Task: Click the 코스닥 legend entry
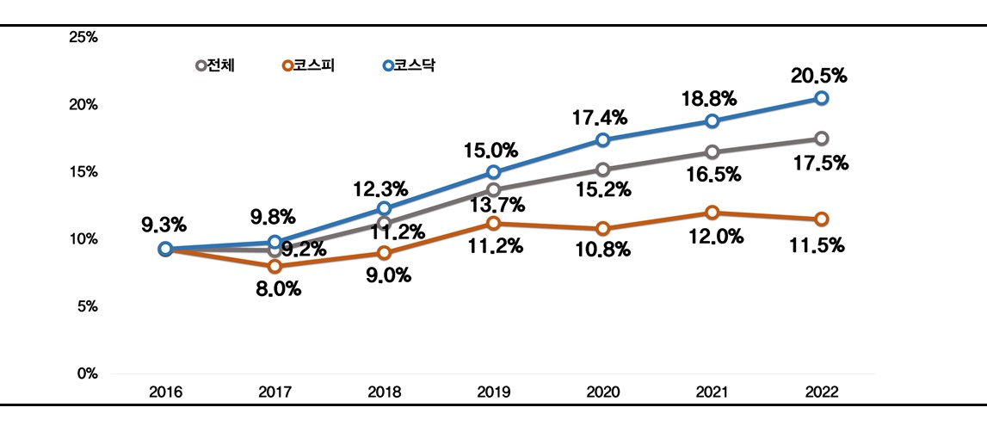click(409, 65)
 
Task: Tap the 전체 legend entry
click(215, 65)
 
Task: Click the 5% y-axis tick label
click(87, 306)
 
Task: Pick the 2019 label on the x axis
click(493, 392)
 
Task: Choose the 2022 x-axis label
click(821, 392)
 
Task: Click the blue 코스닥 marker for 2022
click(822, 98)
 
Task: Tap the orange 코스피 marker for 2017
click(275, 266)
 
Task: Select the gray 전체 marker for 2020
click(602, 170)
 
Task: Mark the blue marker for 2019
click(493, 172)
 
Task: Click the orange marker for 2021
click(712, 213)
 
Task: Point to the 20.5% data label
click(819, 76)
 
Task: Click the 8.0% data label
click(278, 289)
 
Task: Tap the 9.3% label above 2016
click(163, 225)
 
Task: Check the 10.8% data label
click(603, 250)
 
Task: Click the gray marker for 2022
click(822, 139)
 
